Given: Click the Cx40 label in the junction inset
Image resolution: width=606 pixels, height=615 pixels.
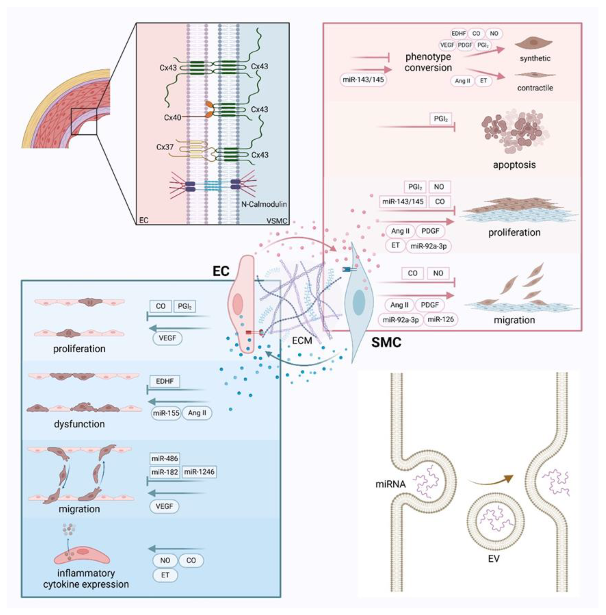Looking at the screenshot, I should [x=172, y=117].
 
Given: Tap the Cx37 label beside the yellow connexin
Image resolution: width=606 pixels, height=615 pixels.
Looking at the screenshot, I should [x=165, y=147].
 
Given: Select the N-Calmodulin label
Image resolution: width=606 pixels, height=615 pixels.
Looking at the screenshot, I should [x=263, y=204].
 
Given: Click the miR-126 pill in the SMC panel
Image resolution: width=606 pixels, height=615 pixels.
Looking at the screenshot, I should [x=440, y=319].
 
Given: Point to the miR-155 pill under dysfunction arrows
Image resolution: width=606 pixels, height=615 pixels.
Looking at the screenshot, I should [x=166, y=413].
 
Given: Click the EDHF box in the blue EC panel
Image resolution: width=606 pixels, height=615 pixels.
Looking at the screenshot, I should [x=165, y=381].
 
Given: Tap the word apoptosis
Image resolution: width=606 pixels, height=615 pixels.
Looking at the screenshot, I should [x=514, y=165].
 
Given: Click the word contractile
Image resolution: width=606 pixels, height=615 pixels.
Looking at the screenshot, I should [x=535, y=88].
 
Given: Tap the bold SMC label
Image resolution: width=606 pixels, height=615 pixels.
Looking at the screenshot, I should [x=386, y=343].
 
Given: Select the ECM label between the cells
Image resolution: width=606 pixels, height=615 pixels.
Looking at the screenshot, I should [x=302, y=341].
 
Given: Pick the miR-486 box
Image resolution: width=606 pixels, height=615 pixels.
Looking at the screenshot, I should [x=165, y=458].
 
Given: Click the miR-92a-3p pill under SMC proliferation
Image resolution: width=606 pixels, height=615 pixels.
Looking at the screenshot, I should [x=428, y=246].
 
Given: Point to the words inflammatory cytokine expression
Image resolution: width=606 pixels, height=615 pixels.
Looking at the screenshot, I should [x=86, y=579].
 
